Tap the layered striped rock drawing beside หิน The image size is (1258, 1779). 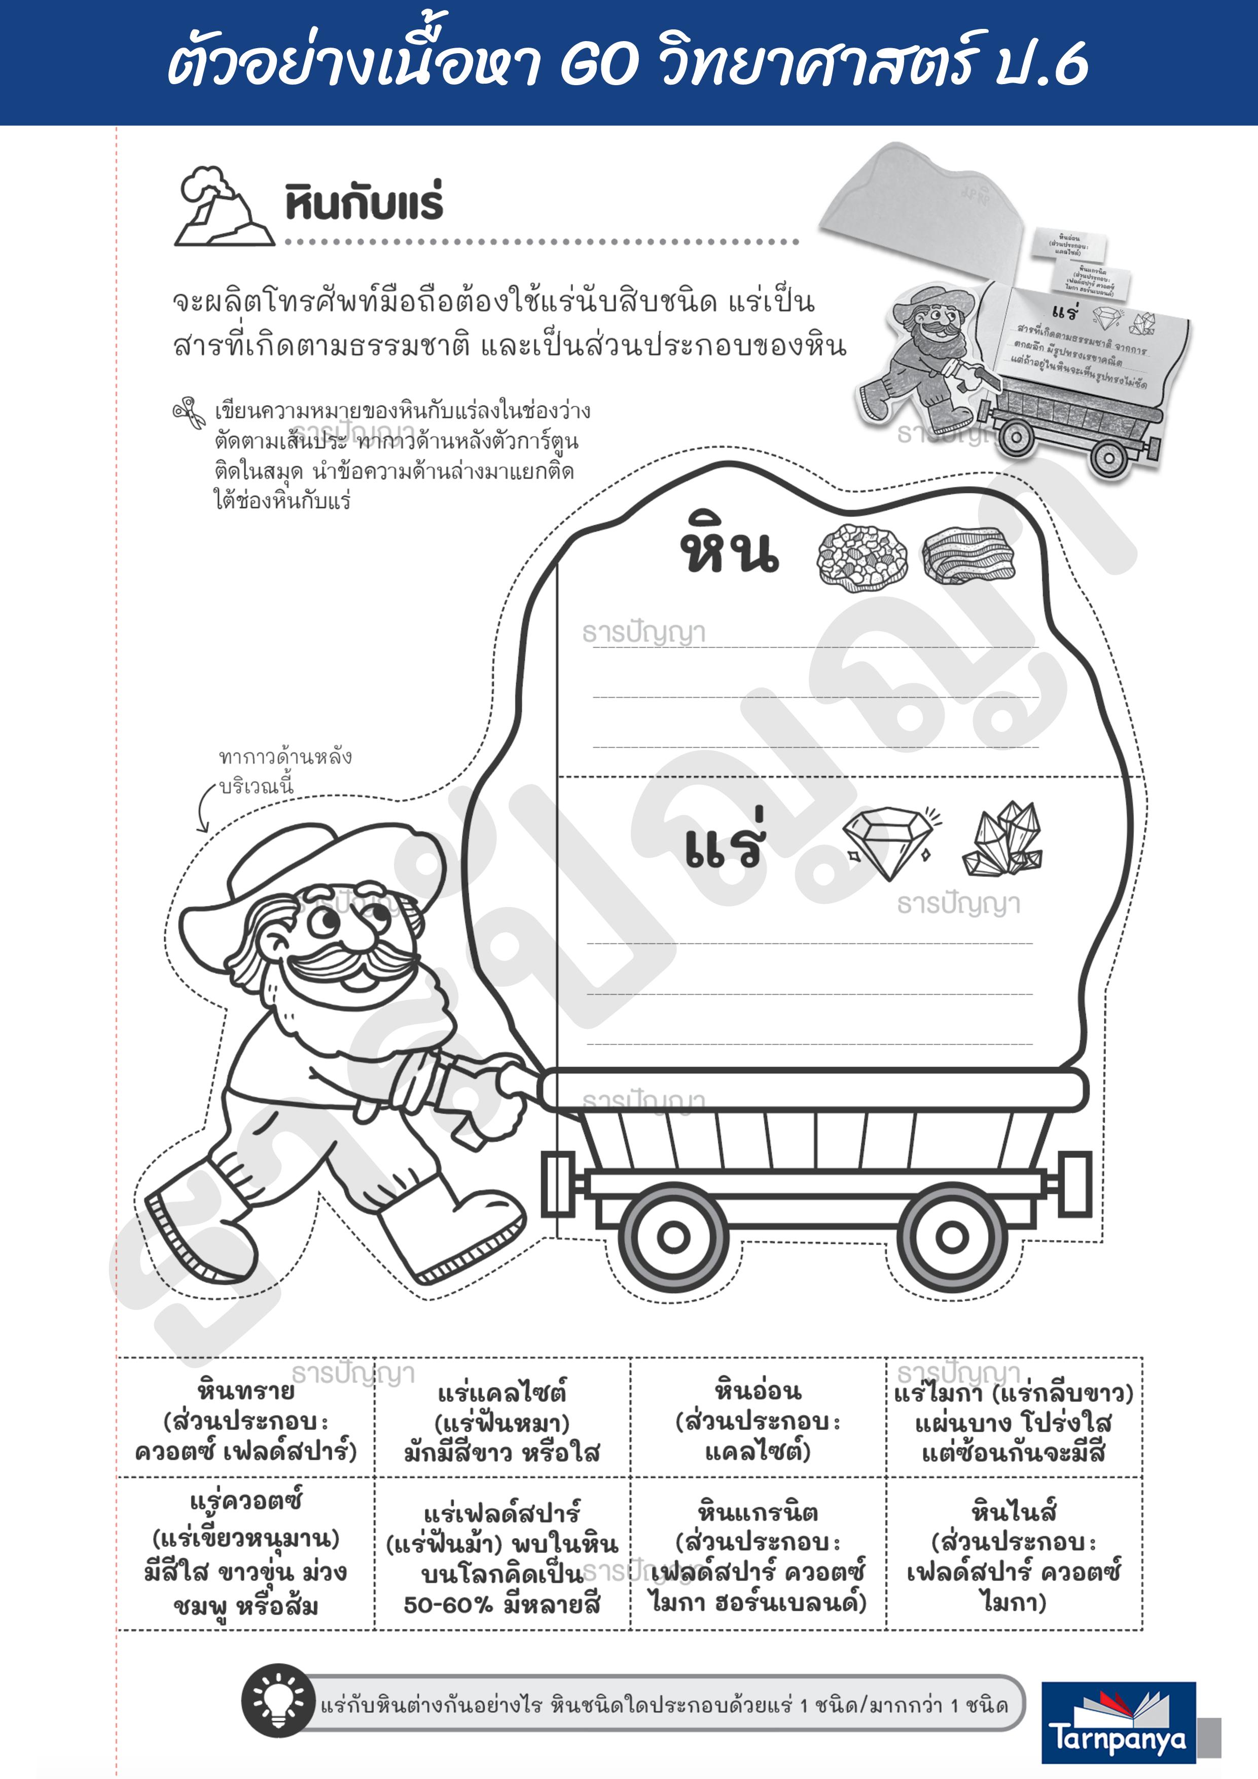click(968, 555)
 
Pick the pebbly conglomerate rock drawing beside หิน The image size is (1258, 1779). click(862, 555)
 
